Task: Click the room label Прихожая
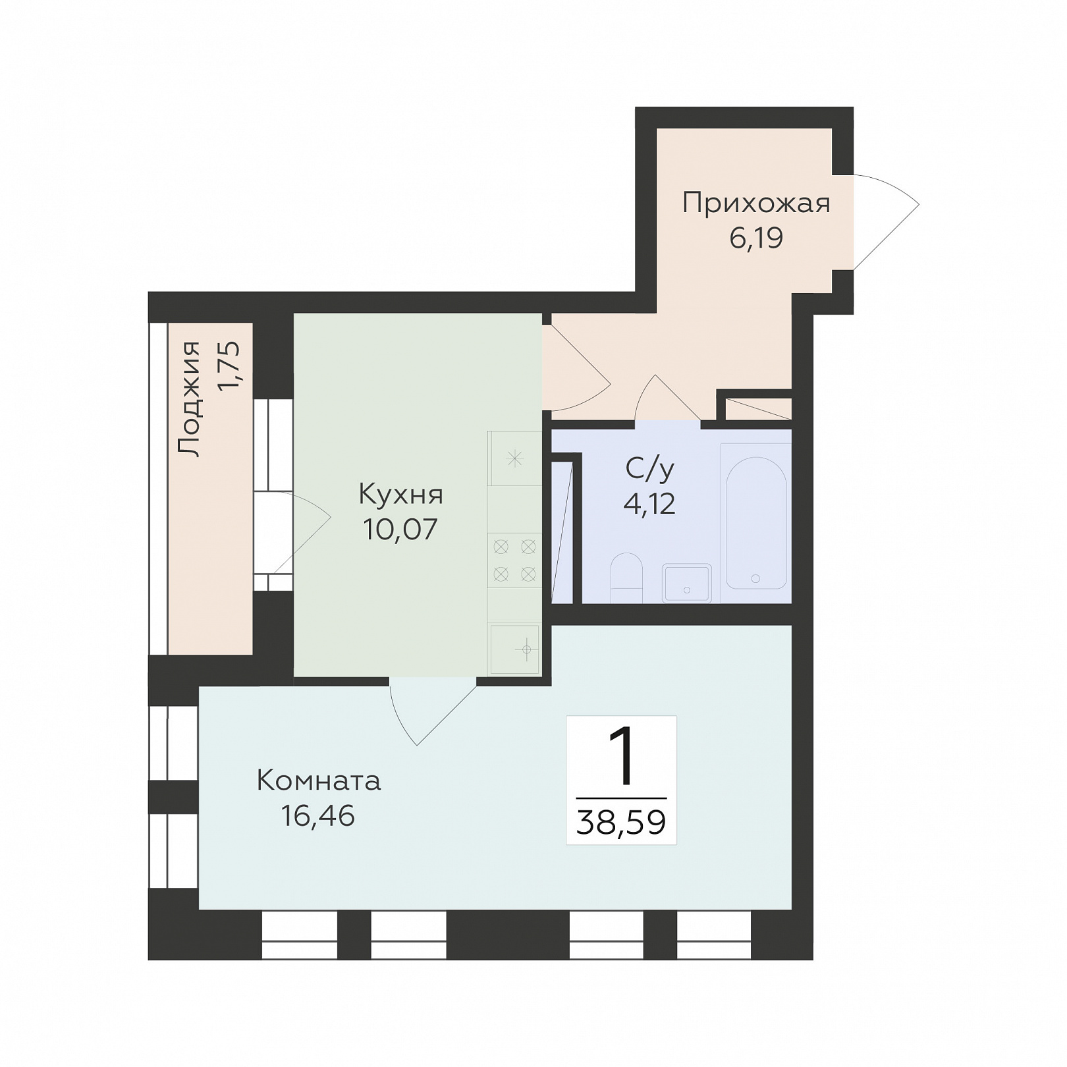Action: [x=756, y=204]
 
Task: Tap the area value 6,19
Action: [x=756, y=238]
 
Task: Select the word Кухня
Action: [x=400, y=494]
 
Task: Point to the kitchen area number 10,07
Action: [x=400, y=529]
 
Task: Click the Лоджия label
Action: [x=190, y=398]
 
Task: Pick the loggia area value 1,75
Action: [x=230, y=366]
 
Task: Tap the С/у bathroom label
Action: [x=650, y=469]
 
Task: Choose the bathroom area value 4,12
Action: [x=649, y=504]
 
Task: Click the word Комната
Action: [x=319, y=781]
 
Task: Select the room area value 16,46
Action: [x=318, y=816]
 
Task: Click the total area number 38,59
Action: [x=621, y=822]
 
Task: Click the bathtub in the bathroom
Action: [x=755, y=523]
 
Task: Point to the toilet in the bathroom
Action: [x=626, y=578]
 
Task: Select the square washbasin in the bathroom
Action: [x=687, y=583]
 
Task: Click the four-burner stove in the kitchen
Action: [x=514, y=560]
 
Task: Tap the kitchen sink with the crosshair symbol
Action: [x=515, y=649]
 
